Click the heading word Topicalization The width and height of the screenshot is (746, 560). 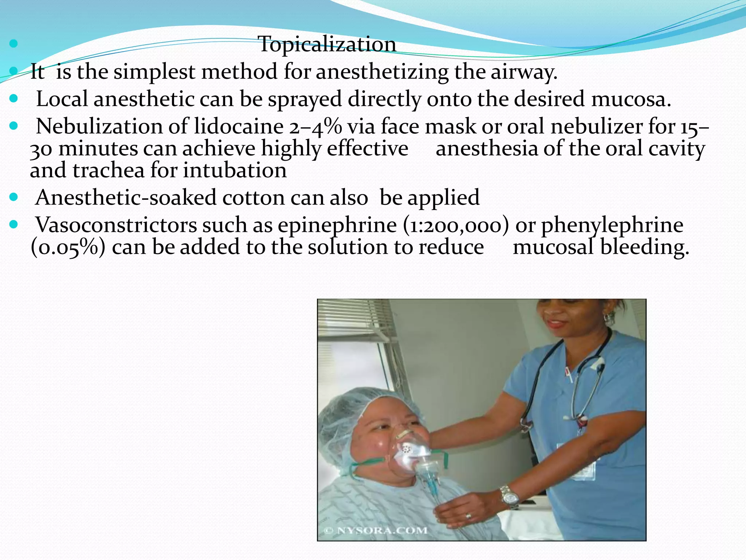(x=327, y=44)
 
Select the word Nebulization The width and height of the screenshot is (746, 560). (x=99, y=127)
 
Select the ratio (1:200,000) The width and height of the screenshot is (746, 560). (x=456, y=225)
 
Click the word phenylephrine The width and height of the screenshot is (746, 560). (x=612, y=225)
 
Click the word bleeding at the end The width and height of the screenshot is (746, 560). (x=644, y=247)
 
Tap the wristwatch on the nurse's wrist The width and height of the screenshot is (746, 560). (x=509, y=497)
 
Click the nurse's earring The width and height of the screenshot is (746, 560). (x=608, y=316)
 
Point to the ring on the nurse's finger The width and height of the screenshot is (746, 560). (x=468, y=516)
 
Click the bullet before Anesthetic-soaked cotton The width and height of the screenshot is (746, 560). (x=14, y=198)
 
